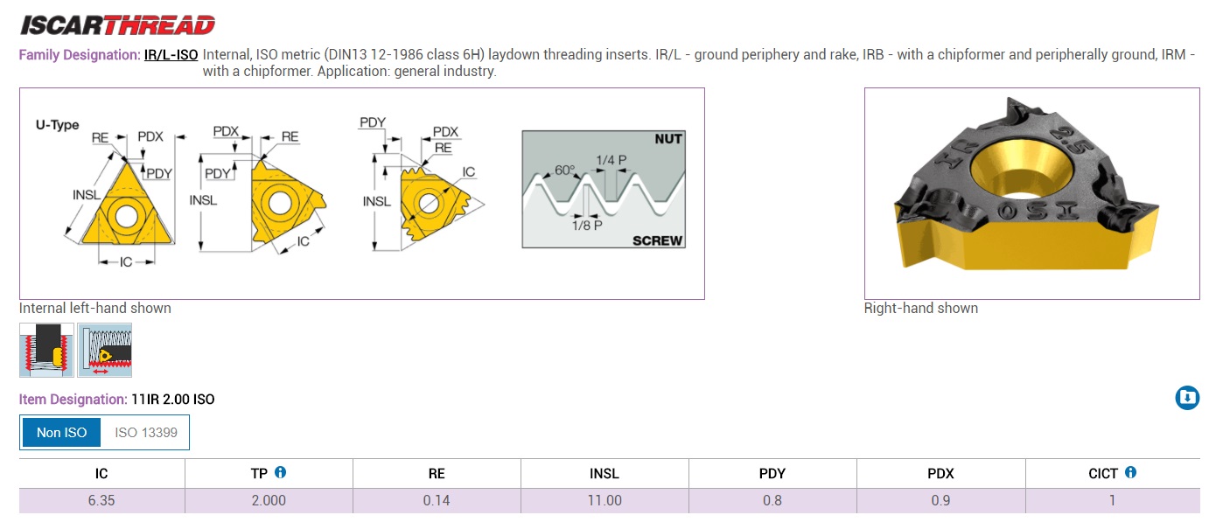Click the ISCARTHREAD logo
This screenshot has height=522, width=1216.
pyautogui.click(x=117, y=24)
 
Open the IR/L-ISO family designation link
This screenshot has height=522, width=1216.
pyautogui.click(x=171, y=54)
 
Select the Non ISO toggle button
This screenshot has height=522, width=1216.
pyautogui.click(x=61, y=432)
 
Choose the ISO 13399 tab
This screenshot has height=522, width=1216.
pyautogui.click(x=145, y=432)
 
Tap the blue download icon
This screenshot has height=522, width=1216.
pyautogui.click(x=1186, y=398)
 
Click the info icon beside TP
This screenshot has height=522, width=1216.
pyautogui.click(x=281, y=472)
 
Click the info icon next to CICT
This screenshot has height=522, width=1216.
pyautogui.click(x=1130, y=472)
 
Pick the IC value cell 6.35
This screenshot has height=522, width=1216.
pyautogui.click(x=101, y=501)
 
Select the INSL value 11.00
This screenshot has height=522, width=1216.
pyautogui.click(x=605, y=501)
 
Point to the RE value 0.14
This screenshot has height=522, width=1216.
pyautogui.click(x=437, y=501)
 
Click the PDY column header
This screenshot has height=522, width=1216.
pyautogui.click(x=772, y=473)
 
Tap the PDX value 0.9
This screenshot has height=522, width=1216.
pyautogui.click(x=940, y=501)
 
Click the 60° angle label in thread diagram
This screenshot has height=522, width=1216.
pyautogui.click(x=564, y=171)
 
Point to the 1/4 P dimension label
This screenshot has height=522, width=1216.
pyautogui.click(x=611, y=160)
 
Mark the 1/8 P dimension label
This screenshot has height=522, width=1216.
pyautogui.click(x=587, y=225)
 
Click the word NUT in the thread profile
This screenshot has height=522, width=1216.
pyautogui.click(x=667, y=139)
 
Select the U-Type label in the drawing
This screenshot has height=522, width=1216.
pyautogui.click(x=57, y=125)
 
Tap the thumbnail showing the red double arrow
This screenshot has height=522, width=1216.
pyautogui.click(x=105, y=351)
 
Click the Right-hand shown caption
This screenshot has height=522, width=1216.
pyautogui.click(x=920, y=308)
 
